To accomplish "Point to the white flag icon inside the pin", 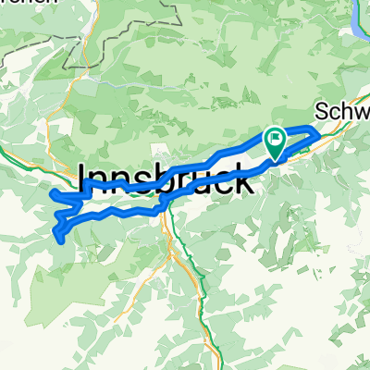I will (x=276, y=139).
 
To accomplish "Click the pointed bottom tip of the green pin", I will (x=276, y=158).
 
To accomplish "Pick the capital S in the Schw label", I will (x=321, y=111).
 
